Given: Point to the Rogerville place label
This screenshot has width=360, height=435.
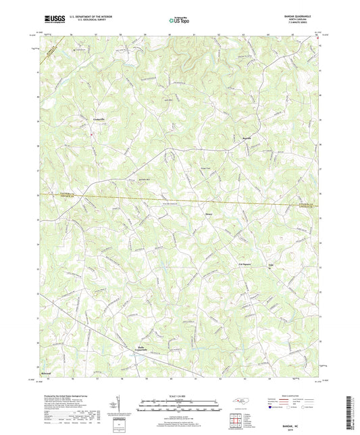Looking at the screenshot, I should coord(247,138).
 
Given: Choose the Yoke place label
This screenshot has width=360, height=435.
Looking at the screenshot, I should coord(273,265).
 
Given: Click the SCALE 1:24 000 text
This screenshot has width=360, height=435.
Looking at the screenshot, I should coord(180,395).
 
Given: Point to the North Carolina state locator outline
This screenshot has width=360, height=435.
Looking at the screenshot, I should coord(240,401).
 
